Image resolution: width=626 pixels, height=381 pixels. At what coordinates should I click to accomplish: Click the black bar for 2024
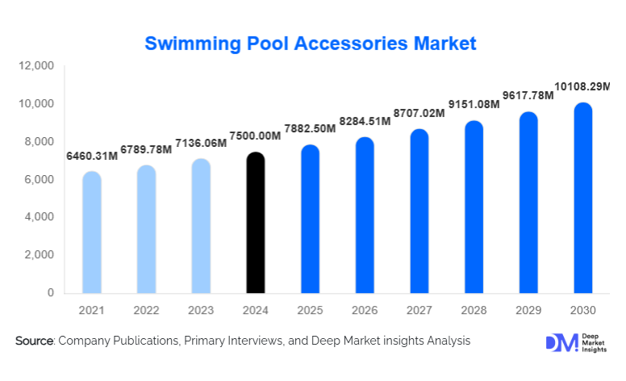(x=255, y=223)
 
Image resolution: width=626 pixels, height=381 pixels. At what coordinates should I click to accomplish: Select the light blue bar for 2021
(x=92, y=232)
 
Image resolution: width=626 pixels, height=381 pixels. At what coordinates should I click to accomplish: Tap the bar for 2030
(x=583, y=198)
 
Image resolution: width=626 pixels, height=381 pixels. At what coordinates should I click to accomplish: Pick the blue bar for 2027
(x=419, y=211)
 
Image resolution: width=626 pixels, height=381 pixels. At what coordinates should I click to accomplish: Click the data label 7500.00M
(x=255, y=135)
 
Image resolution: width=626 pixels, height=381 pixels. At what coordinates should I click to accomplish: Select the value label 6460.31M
(x=90, y=155)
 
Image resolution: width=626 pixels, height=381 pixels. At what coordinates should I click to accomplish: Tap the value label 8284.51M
(x=364, y=121)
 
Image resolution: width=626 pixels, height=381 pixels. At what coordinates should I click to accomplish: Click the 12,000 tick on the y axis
(x=36, y=66)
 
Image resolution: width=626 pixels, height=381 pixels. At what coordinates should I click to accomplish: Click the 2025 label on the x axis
(x=310, y=310)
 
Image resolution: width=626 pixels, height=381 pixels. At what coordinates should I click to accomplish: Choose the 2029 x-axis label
(x=528, y=310)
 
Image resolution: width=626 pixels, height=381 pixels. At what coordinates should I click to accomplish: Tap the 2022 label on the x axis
(x=146, y=310)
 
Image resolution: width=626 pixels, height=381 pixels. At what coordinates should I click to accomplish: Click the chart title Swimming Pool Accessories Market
(x=311, y=42)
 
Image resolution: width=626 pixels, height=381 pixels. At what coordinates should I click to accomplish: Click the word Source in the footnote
(x=33, y=341)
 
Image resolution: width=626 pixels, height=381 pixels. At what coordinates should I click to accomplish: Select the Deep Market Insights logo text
(x=595, y=342)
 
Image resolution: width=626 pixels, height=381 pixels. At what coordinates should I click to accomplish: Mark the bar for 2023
(x=201, y=226)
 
